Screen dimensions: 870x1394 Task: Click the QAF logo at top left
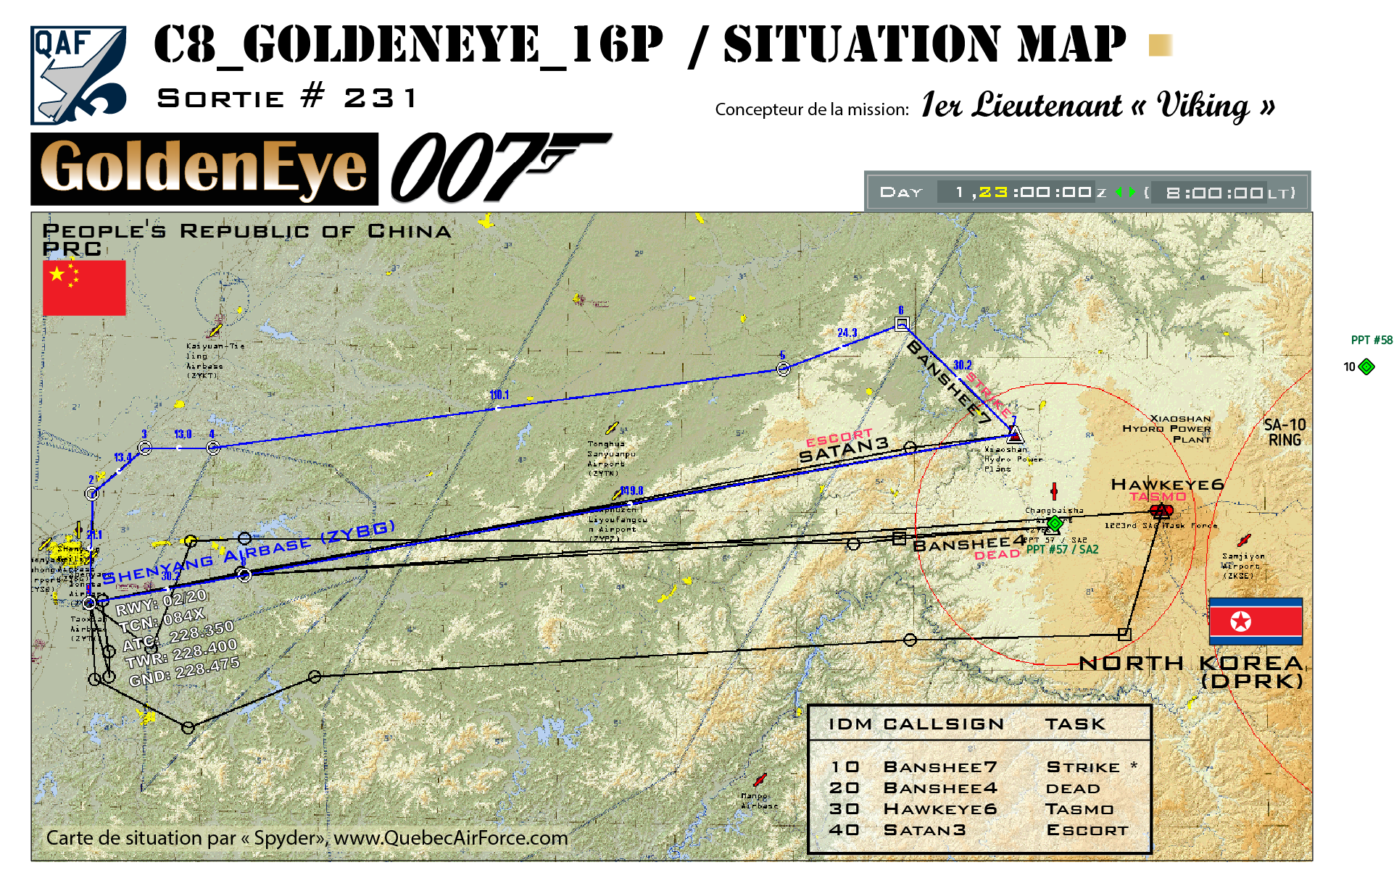[78, 75]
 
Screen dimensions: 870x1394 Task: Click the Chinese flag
[84, 288]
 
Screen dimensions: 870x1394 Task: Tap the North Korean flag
[1256, 622]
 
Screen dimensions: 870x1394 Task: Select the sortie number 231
[380, 98]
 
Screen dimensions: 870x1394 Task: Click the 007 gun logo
[500, 167]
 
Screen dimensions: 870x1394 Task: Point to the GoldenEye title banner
[204, 169]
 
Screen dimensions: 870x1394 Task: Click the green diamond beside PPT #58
[1366, 367]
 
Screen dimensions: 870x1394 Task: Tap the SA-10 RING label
[1285, 432]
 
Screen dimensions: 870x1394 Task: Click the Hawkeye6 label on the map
[1167, 484]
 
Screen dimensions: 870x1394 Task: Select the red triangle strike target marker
[1015, 435]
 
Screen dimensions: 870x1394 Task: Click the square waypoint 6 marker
[902, 324]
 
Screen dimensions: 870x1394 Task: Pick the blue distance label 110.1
[499, 395]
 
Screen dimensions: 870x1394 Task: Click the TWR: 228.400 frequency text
[181, 653]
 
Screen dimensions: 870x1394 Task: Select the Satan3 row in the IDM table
[979, 830]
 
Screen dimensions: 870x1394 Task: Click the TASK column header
[1075, 724]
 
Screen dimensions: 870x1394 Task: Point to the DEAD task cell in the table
[1073, 788]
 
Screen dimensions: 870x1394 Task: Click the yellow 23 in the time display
[993, 192]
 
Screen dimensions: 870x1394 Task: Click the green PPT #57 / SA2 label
[1062, 549]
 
